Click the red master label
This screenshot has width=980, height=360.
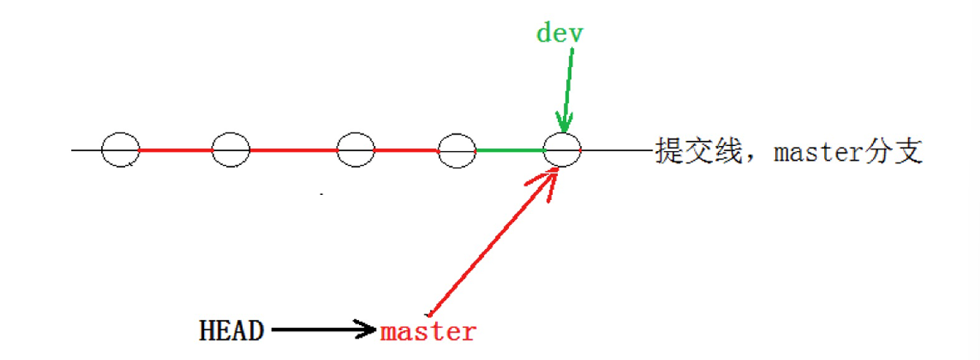[x=429, y=332]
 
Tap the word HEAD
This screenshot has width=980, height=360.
[x=231, y=331]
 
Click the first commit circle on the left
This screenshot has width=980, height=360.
[x=120, y=150]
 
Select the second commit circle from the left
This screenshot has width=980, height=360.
[x=230, y=150]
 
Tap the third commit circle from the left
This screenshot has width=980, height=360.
[x=356, y=150]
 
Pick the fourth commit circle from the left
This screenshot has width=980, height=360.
[x=457, y=150]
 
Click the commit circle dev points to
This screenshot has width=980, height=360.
[x=562, y=150]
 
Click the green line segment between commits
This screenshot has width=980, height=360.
[x=509, y=150]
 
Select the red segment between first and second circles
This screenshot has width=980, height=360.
[x=175, y=150]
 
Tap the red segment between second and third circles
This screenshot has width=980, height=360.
[x=293, y=150]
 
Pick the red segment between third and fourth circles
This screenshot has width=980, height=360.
[x=406, y=150]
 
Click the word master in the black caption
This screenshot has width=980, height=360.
[x=821, y=153]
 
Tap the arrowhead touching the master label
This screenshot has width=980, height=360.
[x=367, y=330]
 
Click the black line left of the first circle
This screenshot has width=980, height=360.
[x=86, y=150]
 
